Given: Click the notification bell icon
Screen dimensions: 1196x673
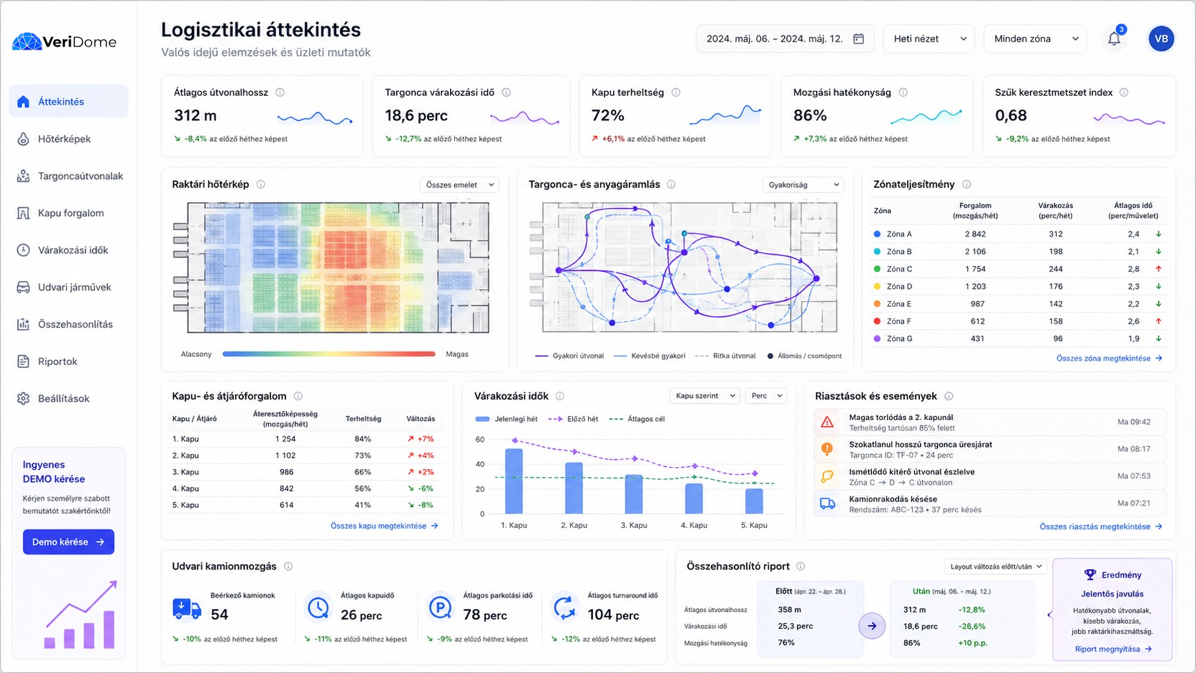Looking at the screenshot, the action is click(1114, 39).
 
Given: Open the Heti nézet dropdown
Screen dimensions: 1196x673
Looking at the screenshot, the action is click(929, 39).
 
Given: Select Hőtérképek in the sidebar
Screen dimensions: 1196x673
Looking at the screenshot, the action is click(64, 139).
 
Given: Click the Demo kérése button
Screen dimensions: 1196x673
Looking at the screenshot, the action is click(69, 541).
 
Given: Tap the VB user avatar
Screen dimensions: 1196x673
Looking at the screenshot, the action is click(1161, 39).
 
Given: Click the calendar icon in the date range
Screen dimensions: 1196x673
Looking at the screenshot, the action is click(858, 39).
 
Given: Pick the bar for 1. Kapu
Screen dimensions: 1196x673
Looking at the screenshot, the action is click(514, 481).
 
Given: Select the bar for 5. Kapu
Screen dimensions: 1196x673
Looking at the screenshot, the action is click(754, 501).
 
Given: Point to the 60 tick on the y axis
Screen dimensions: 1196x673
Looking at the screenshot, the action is click(480, 440).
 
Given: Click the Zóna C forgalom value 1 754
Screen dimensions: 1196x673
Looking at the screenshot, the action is click(975, 269).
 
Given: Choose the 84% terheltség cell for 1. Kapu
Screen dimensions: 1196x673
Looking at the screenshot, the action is click(363, 438).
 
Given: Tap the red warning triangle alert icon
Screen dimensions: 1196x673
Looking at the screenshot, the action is click(827, 422).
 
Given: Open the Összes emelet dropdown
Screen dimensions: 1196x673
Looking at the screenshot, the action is click(459, 185).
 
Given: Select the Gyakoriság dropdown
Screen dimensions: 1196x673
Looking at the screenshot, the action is click(803, 185).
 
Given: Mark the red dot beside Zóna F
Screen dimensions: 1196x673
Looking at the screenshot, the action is click(877, 321).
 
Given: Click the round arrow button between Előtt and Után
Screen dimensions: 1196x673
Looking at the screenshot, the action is click(872, 626).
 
